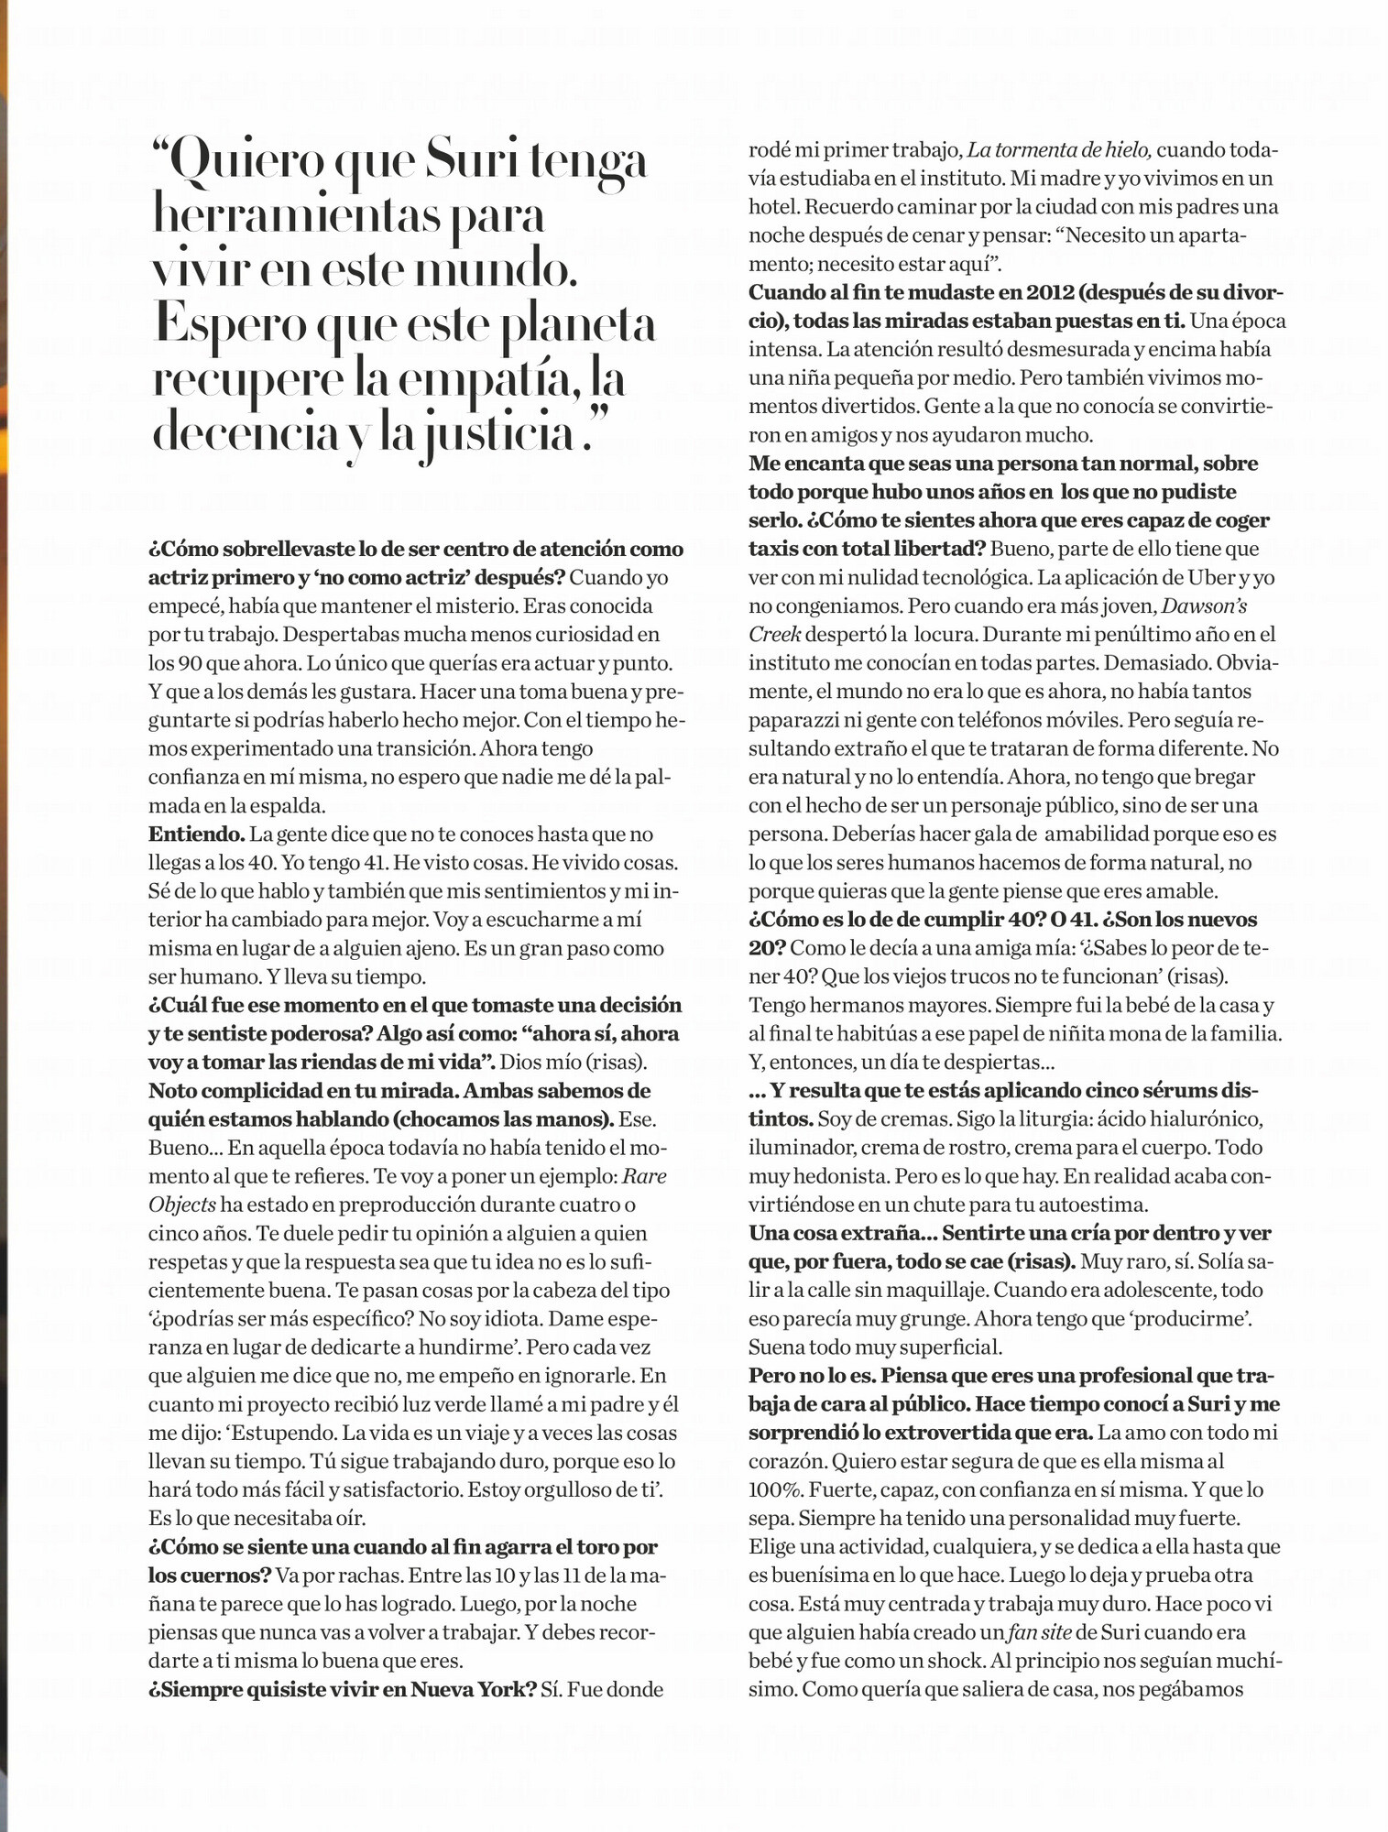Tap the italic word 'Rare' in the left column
click(646, 1176)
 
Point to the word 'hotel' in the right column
click(772, 207)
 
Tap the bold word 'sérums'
click(1179, 1091)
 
